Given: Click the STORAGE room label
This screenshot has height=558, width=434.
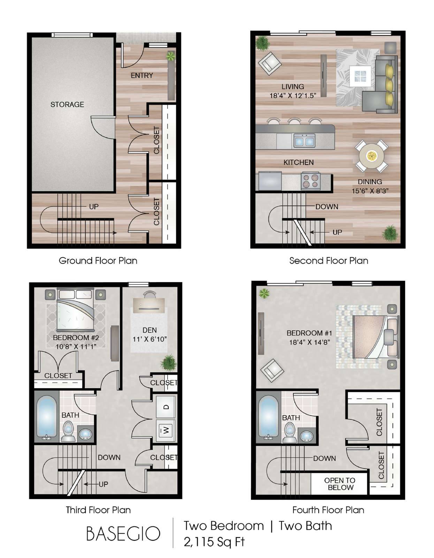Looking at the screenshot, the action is pyautogui.click(x=67, y=105).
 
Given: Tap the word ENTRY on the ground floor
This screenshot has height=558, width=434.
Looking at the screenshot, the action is pyautogui.click(x=142, y=75).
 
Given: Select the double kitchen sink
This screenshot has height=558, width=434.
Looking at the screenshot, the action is pyautogui.click(x=304, y=141).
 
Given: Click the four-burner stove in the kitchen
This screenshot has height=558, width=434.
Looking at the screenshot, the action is pyautogui.click(x=311, y=181).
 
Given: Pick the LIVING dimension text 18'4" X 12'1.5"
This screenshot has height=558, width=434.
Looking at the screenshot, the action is pyautogui.click(x=292, y=96).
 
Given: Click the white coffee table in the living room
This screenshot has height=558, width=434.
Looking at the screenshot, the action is pyautogui.click(x=360, y=76).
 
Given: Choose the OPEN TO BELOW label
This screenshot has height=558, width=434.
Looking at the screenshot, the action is pyautogui.click(x=340, y=484).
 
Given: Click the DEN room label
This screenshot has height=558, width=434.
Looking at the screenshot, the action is pyautogui.click(x=149, y=330).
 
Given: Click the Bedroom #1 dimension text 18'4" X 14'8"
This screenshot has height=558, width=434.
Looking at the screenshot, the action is pyautogui.click(x=310, y=342).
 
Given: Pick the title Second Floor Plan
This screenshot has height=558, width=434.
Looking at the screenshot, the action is pyautogui.click(x=329, y=261).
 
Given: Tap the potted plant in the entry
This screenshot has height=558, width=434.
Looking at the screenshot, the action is pyautogui.click(x=170, y=56).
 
